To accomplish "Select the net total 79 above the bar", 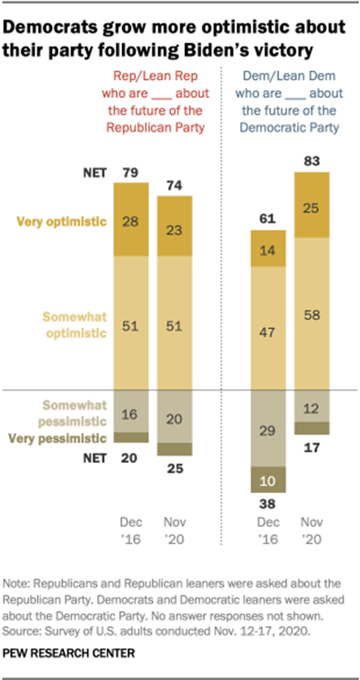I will point(132,173).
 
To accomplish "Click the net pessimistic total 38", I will point(269,504).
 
